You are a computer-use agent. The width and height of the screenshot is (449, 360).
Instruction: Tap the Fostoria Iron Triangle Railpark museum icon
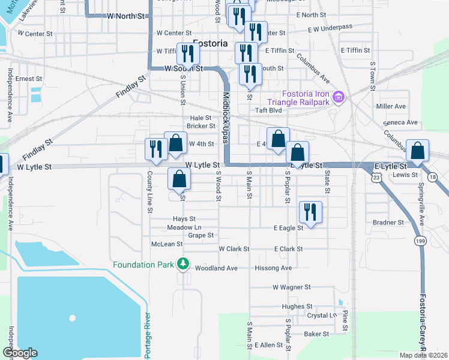(x=339, y=97)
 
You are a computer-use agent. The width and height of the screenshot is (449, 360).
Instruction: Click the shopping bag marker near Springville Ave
(x=417, y=151)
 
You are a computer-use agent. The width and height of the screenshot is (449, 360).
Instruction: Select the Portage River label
(x=148, y=336)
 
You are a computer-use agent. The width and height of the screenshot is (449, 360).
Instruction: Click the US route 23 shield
(x=376, y=178)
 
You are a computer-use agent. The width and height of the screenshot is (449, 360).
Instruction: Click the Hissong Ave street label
(x=273, y=268)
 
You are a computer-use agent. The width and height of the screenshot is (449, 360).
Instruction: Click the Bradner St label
(x=388, y=222)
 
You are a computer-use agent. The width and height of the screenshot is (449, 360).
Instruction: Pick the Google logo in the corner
(x=20, y=353)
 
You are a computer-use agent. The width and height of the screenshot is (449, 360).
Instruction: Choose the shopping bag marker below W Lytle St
(x=179, y=178)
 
